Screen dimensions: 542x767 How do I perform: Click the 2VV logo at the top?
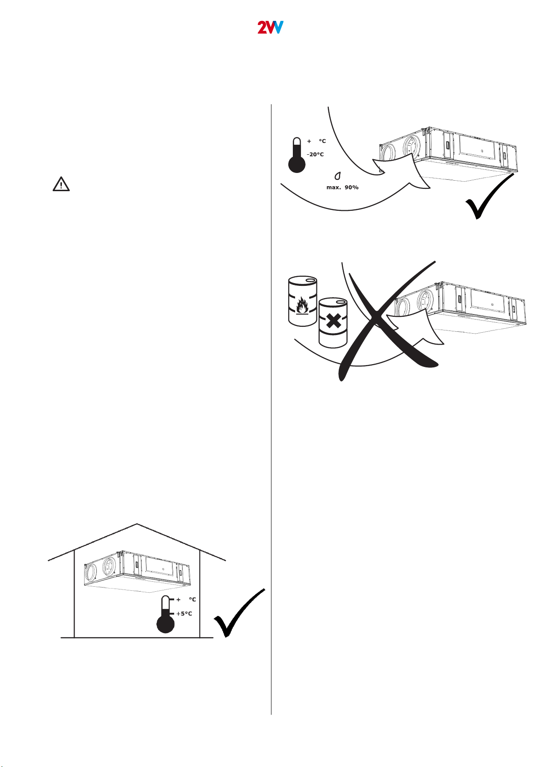(x=271, y=27)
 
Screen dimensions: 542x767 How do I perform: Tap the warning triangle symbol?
(x=61, y=184)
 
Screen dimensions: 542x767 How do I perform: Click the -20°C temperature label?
(x=315, y=155)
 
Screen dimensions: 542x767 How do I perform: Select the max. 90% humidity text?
(x=342, y=188)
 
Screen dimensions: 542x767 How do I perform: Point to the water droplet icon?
(x=338, y=175)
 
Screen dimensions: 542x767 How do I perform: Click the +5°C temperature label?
(x=184, y=614)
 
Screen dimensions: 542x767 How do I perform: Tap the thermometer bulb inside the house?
(x=166, y=624)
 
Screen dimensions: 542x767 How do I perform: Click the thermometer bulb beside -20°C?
(x=297, y=164)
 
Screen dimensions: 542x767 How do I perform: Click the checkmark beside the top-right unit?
(x=491, y=198)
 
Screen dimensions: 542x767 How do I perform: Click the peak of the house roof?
(x=137, y=524)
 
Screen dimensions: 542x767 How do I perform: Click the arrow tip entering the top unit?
(x=380, y=170)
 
